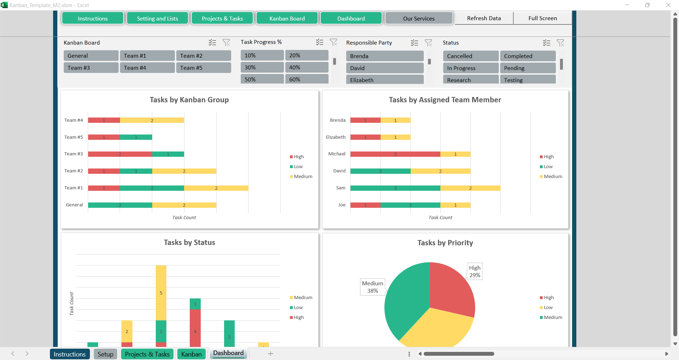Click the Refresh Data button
pyautogui.click(x=484, y=18)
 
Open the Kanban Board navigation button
pyautogui.click(x=287, y=18)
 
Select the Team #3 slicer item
pyautogui.click(x=91, y=68)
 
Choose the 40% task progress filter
pyautogui.click(x=306, y=67)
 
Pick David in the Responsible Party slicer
pyautogui.click(x=384, y=68)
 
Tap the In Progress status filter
pyautogui.click(x=470, y=68)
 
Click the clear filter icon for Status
pyautogui.click(x=560, y=43)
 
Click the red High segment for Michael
pyautogui.click(x=395, y=154)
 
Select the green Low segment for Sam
pyautogui.click(x=395, y=188)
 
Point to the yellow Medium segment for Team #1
pyautogui.click(x=216, y=188)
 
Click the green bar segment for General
pyautogui.click(x=120, y=205)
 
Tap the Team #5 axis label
pyautogui.click(x=74, y=137)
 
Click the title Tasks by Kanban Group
pyautogui.click(x=189, y=100)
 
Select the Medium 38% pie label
pyautogui.click(x=372, y=287)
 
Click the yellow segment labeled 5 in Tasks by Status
pyautogui.click(x=161, y=293)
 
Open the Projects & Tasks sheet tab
pyautogui.click(x=147, y=354)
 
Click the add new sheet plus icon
pyautogui.click(x=270, y=354)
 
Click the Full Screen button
pyautogui.click(x=542, y=18)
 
